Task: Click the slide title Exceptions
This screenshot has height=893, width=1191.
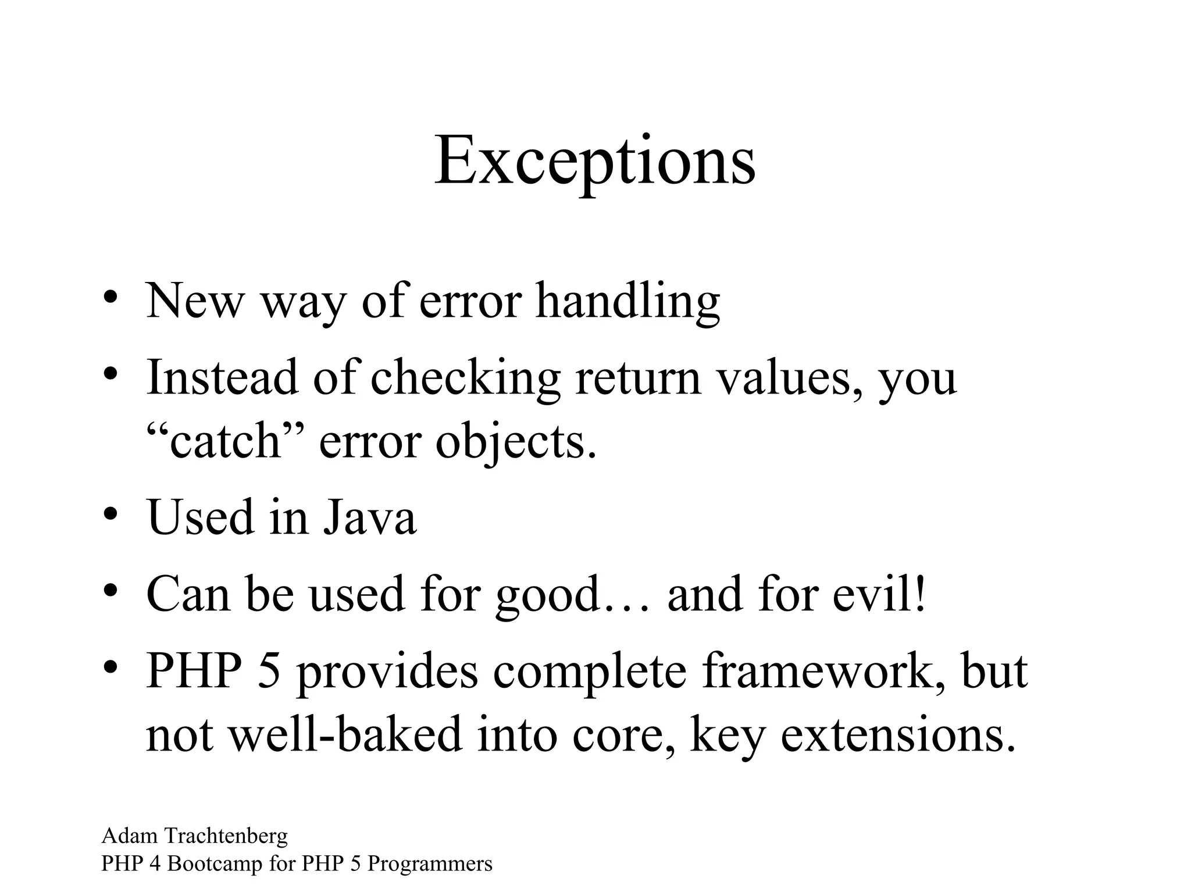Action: click(x=594, y=161)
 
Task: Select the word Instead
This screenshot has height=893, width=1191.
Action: click(x=222, y=377)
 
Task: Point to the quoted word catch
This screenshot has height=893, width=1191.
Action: click(x=224, y=441)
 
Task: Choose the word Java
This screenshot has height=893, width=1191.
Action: click(x=370, y=517)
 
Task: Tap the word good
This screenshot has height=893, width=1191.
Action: click(x=547, y=596)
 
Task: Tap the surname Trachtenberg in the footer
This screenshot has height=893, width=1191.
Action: click(x=226, y=836)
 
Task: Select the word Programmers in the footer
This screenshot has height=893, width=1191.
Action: click(x=430, y=865)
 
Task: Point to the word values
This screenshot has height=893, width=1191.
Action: click(x=788, y=378)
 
